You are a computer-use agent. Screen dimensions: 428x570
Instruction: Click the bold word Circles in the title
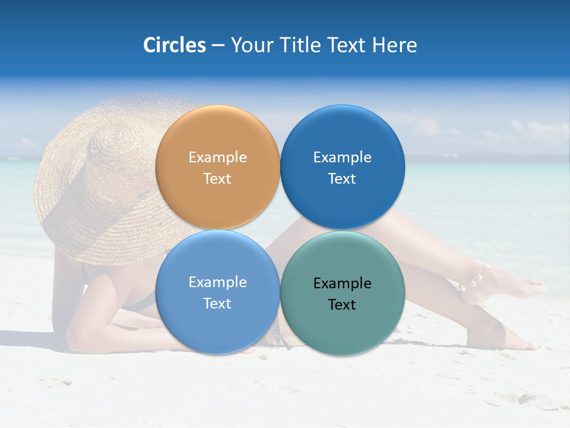[174, 45]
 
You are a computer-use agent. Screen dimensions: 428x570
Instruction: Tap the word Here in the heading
[394, 45]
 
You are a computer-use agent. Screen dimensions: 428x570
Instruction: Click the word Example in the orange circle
[217, 158]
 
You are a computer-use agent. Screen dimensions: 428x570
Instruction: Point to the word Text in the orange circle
[217, 178]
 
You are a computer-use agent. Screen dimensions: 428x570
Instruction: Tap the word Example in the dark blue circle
[342, 158]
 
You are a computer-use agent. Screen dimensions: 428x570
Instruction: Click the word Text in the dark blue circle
[342, 178]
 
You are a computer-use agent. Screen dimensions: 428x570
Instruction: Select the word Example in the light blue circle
[217, 282]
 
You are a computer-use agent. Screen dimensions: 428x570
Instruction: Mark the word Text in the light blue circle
[217, 303]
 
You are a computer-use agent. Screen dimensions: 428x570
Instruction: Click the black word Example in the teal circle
[342, 284]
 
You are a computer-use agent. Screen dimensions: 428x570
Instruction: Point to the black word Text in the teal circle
[342, 304]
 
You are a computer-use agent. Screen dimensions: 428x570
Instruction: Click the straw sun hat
[95, 178]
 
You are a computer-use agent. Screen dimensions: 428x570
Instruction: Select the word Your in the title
[250, 45]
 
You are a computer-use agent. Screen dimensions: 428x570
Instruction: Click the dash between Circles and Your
[218, 46]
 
